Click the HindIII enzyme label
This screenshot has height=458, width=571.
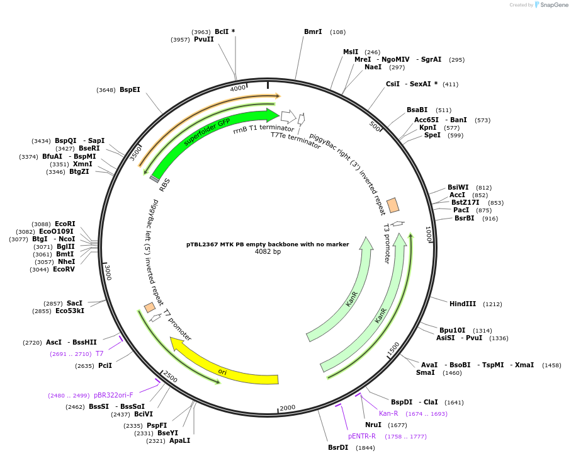coord(463,304)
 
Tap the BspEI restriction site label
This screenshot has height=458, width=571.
coord(130,90)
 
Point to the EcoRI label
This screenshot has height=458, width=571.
coord(65,224)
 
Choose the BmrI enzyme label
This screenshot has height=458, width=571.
coord(313,31)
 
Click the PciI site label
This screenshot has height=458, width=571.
coord(105,365)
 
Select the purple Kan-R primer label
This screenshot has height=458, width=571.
coord(388,413)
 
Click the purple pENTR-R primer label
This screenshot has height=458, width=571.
coord(362,436)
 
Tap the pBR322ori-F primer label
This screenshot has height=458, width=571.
coord(113,395)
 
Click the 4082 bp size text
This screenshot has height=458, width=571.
coord(268,252)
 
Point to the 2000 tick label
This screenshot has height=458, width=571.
coord(287,408)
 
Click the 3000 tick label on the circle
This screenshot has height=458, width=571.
coord(108,272)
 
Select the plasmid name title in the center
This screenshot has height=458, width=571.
coord(268,244)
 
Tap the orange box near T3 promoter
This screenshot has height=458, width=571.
coord(393,205)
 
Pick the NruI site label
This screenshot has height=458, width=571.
coord(373,425)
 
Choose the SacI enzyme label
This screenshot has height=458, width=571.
coord(75,303)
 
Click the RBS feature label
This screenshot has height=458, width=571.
coord(165,185)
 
